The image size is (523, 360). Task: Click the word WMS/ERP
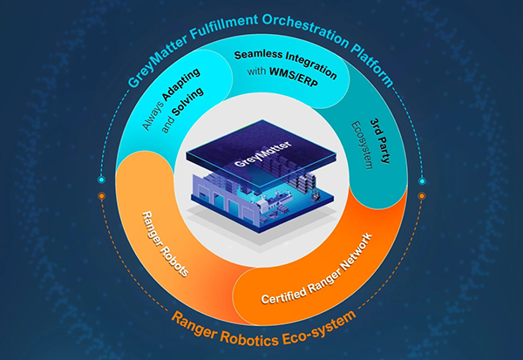click(294, 78)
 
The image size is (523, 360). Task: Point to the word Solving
click(187, 101)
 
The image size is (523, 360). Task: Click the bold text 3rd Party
click(380, 140)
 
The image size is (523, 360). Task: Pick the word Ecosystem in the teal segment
click(362, 145)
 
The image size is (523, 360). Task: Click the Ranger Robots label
click(165, 244)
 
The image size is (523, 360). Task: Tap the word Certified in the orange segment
click(283, 295)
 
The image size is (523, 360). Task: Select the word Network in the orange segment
click(356, 252)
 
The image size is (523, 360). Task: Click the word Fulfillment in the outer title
click(223, 26)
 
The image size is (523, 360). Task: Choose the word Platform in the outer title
click(372, 65)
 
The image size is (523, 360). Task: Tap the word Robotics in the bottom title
click(249, 338)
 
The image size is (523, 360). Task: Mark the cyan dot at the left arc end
click(102, 180)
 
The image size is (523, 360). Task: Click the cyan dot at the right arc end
click(422, 181)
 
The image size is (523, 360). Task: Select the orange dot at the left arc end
click(102, 196)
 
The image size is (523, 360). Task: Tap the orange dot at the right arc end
click(422, 196)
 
